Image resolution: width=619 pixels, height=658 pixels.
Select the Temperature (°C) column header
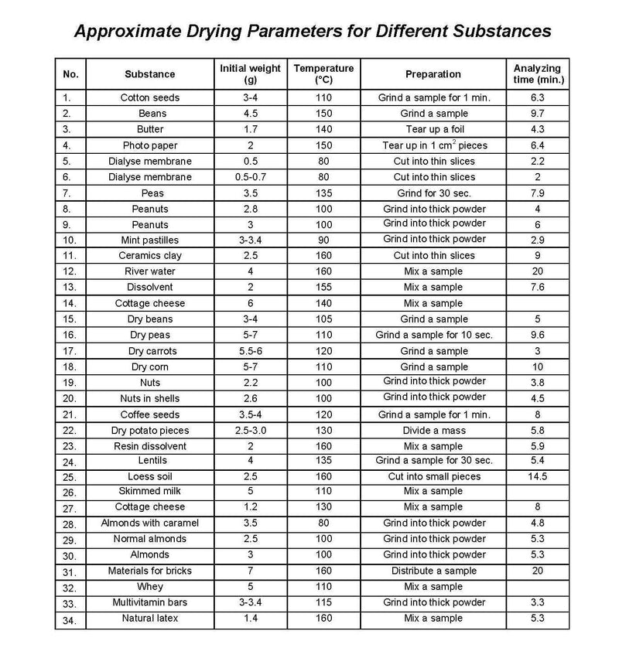tap(323, 73)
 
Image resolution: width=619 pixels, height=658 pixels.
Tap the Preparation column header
tap(433, 74)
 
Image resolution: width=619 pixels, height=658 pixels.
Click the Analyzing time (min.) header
tap(538, 73)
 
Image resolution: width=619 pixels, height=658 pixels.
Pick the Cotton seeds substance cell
tap(150, 98)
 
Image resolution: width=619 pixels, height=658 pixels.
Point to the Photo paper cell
tap(150, 145)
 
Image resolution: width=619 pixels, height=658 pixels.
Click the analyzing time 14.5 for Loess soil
tap(538, 476)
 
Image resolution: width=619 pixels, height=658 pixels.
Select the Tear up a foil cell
tap(433, 129)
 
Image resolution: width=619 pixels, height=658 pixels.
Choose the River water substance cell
tap(150, 271)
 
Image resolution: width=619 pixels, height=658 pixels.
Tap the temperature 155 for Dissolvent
tap(323, 287)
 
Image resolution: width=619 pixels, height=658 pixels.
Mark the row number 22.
tap(70, 431)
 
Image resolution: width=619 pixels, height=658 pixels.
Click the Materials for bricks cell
tap(150, 571)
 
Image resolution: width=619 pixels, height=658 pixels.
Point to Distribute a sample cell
tap(433, 571)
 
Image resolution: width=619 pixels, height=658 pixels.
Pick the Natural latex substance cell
tap(150, 618)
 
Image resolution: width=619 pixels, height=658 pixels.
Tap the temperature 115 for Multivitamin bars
tap(323, 602)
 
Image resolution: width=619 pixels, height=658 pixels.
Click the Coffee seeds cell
tap(150, 414)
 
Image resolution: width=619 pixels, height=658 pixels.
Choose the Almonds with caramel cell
tap(150, 523)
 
